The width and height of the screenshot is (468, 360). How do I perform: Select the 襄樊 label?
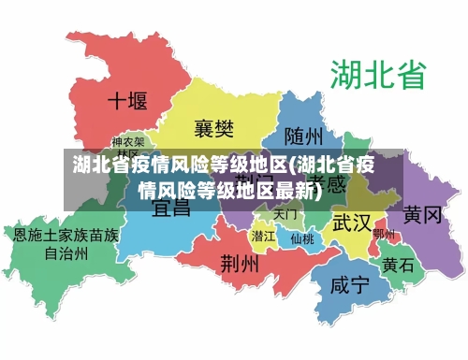point(214,126)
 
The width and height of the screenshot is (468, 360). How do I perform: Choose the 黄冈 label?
point(422,215)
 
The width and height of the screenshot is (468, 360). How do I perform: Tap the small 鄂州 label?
point(384,234)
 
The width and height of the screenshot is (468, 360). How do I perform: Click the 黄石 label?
point(398,265)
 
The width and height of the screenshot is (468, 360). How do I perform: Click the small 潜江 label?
point(264,237)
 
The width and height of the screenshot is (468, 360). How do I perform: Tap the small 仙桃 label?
point(301,238)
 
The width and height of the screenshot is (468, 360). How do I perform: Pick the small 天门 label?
point(286,214)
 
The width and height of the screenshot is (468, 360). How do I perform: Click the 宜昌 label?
point(170,206)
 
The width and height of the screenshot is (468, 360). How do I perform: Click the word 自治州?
point(66,252)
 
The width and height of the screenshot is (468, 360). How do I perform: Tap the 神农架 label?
point(128,143)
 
